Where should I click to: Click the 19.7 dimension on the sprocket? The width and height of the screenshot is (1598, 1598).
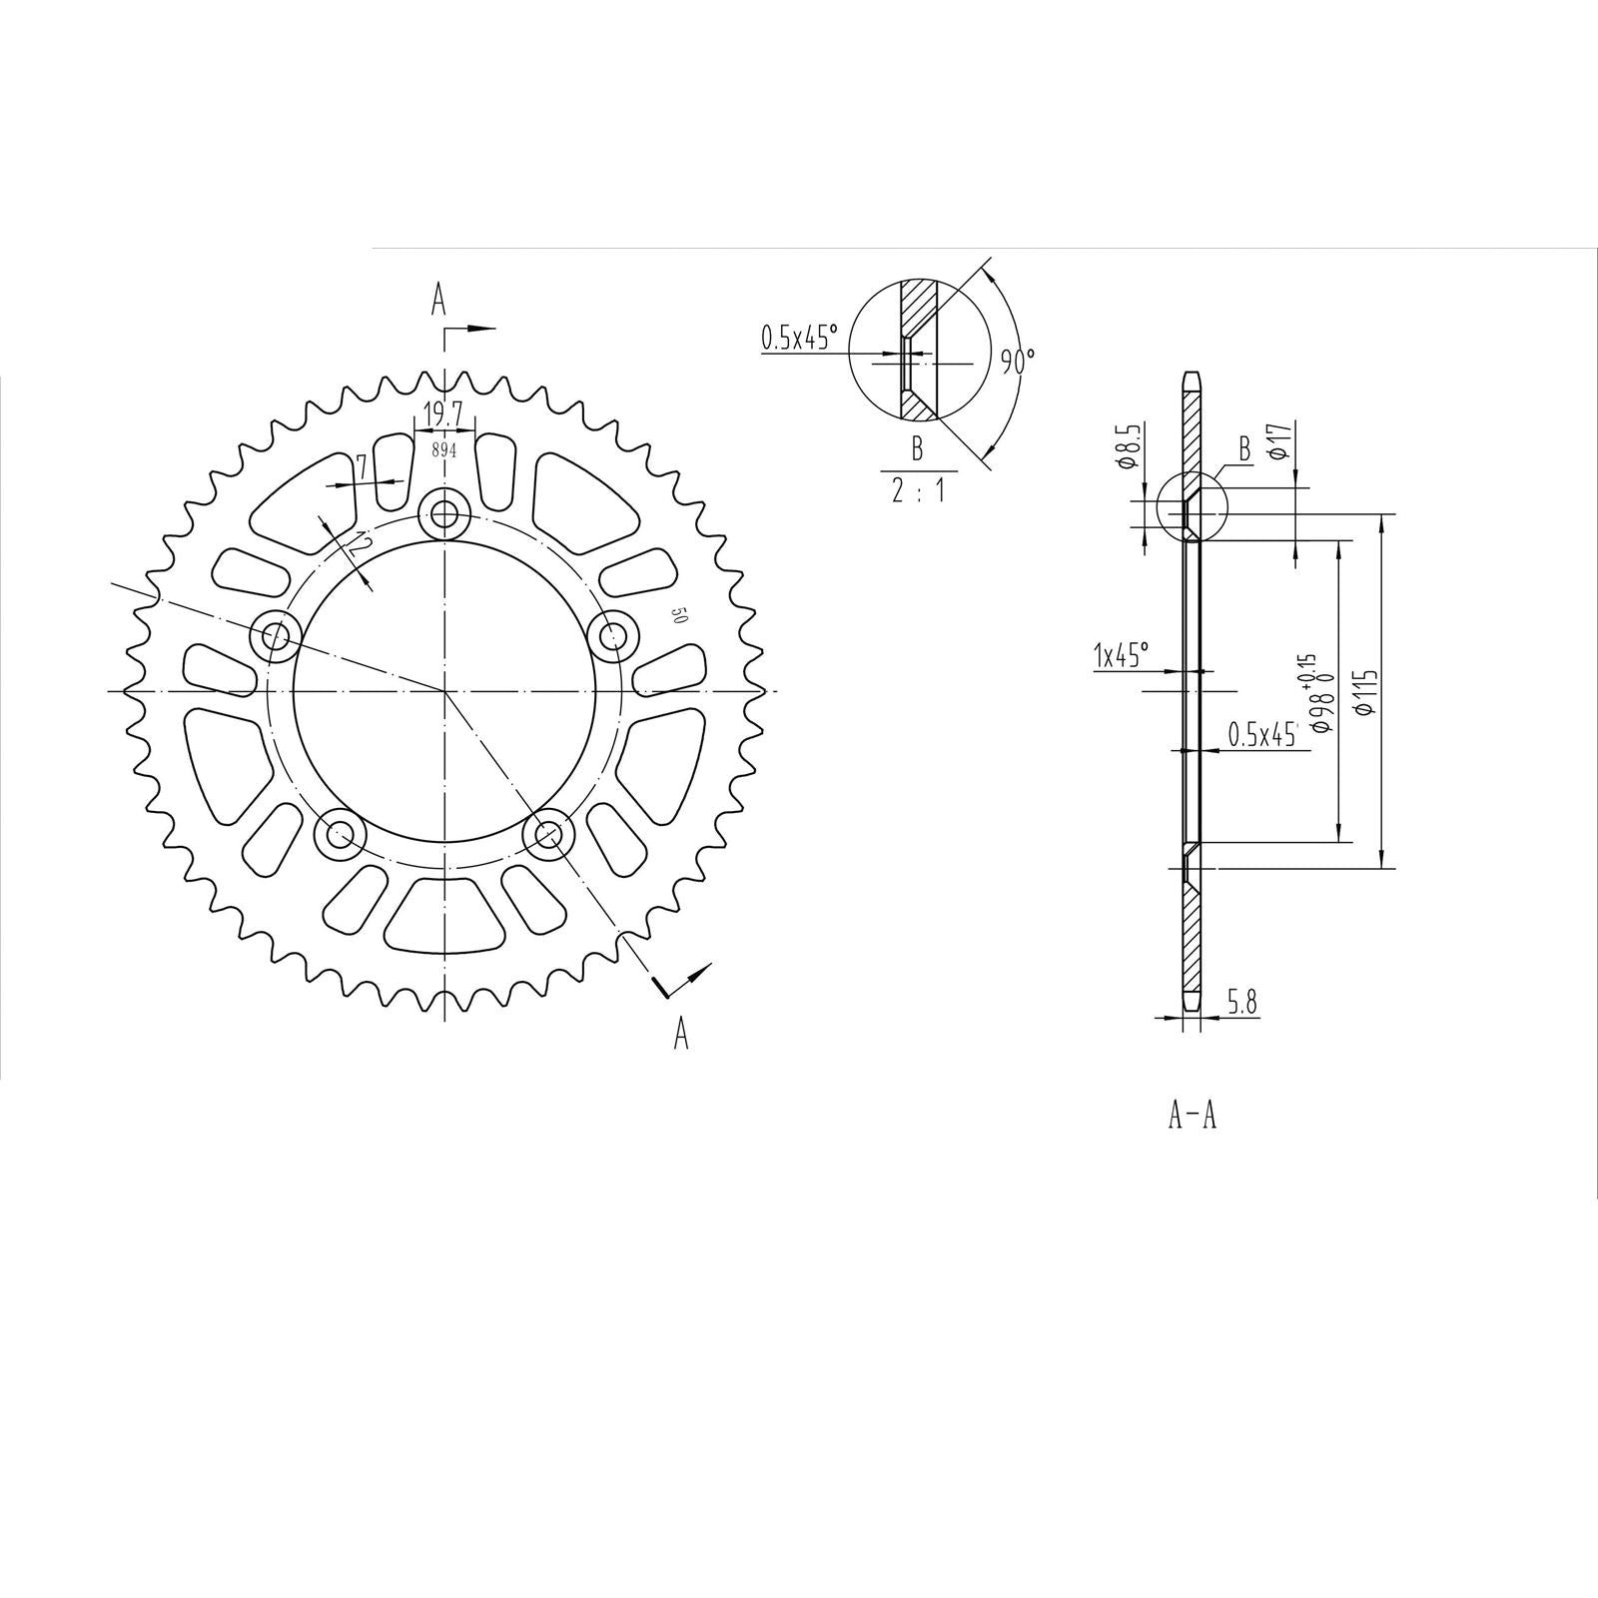click(443, 412)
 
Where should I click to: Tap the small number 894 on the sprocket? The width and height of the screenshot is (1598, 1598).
click(443, 450)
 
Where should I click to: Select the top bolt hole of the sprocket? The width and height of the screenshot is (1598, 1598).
click(444, 515)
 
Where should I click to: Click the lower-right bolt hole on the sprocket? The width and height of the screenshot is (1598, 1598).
click(546, 832)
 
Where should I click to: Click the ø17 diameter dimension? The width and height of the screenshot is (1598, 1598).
click(1282, 440)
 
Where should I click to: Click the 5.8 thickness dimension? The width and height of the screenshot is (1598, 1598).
click(1241, 1003)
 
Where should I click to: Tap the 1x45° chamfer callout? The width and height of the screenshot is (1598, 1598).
click(1122, 656)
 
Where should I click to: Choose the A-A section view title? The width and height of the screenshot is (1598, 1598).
click(1193, 1116)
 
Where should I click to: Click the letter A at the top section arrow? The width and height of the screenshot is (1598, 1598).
click(437, 299)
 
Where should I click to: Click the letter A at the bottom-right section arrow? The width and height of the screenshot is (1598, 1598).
click(681, 1034)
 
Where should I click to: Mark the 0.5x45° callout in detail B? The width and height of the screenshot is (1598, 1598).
click(799, 339)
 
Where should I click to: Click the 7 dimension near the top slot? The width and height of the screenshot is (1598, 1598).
click(363, 465)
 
